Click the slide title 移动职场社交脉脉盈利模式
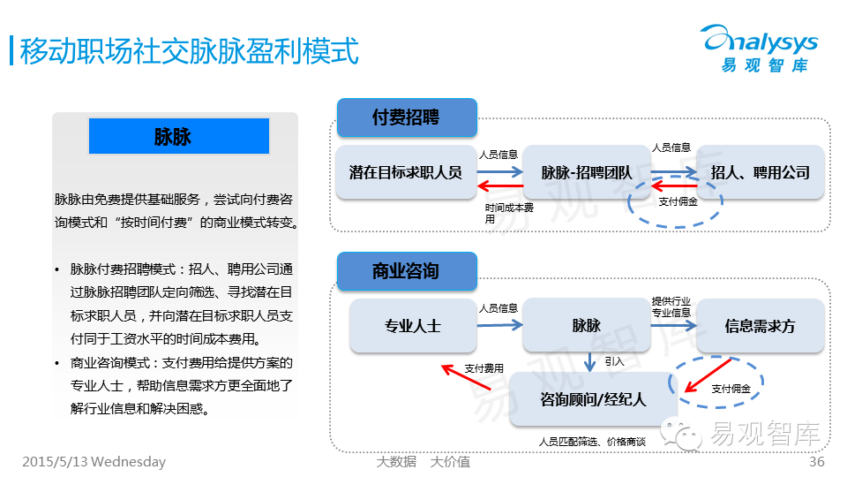(189, 50)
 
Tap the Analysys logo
(761, 49)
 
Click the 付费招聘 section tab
(406, 117)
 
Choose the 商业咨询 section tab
(406, 271)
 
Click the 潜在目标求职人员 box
(405, 172)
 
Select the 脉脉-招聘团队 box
(586, 172)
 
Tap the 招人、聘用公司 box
(760, 172)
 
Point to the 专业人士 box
(412, 326)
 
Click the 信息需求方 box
(760, 326)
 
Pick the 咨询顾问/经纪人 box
(593, 399)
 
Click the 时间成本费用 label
(509, 213)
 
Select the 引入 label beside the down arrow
(614, 362)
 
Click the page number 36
(816, 462)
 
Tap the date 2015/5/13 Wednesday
(94, 462)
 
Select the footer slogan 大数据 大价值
(423, 462)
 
